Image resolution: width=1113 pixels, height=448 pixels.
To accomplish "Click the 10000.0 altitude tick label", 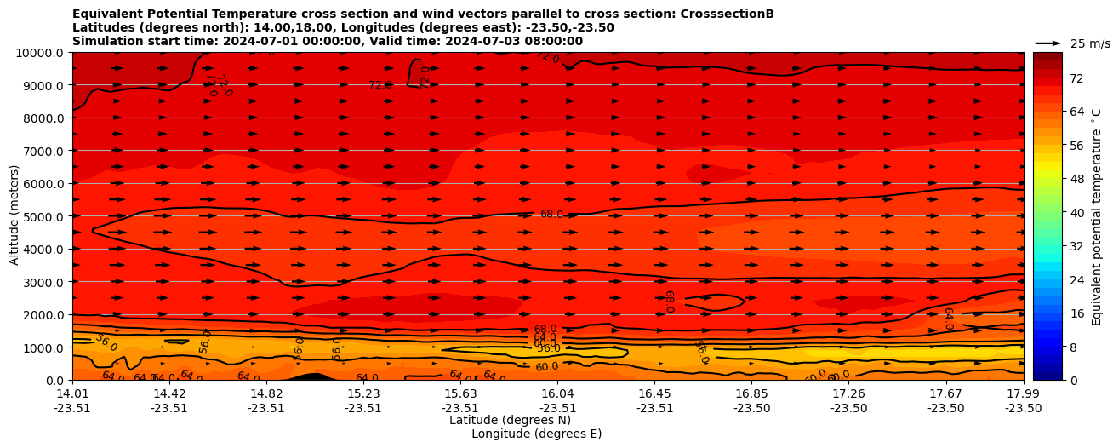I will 39,53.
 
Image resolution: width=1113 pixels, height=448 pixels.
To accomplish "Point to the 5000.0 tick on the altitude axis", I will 39,216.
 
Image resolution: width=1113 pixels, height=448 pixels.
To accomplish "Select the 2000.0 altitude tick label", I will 39,315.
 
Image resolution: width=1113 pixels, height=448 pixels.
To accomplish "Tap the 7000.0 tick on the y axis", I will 39,151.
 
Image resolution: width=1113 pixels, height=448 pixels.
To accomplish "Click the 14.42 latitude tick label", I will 169,393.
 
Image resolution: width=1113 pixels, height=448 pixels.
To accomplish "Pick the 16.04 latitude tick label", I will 557,393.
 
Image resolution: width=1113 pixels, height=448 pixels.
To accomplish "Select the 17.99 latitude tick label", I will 1023,393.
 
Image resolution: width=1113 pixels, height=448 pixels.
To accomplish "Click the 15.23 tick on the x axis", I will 363,393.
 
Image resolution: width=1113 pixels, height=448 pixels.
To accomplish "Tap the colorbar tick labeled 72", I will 1052,78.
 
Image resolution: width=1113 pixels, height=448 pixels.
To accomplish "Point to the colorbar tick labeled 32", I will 1052,246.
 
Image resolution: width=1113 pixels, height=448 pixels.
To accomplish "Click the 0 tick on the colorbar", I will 1048,380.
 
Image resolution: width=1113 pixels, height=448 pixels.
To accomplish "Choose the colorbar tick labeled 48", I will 1052,179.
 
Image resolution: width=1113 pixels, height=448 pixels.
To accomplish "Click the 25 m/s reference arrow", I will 1048,43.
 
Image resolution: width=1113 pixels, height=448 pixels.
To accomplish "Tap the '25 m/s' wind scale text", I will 1090,43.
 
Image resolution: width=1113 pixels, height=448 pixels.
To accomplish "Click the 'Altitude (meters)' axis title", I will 14,215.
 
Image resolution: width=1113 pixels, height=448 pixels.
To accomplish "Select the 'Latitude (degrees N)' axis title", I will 510,420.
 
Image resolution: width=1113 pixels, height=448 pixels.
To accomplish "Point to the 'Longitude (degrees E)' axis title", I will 536,434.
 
